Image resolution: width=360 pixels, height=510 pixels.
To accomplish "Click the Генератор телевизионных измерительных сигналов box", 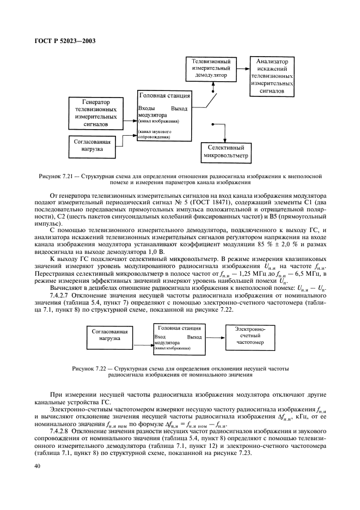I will pyautogui.click(x=96, y=113).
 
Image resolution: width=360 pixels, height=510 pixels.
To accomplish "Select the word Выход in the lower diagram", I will pyautogui.click(x=193, y=337).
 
